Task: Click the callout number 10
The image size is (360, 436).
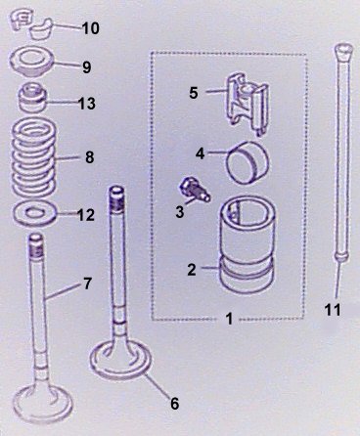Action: pos(90,28)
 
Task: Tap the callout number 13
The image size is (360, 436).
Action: pos(87,104)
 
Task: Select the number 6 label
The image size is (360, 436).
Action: pos(175,404)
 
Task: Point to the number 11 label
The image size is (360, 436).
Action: pos(333,310)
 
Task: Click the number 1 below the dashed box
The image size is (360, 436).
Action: pos(230,319)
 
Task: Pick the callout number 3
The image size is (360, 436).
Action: pos(180,212)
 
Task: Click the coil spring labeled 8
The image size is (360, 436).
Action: pos(34,156)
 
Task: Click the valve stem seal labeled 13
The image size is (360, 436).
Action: pos(32,98)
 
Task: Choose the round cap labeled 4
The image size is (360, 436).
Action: pos(247,161)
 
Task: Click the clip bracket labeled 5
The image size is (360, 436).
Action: pos(247,104)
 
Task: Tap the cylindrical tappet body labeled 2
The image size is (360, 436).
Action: pos(247,246)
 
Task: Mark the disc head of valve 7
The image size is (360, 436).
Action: pos(43,404)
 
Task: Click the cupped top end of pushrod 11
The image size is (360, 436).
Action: pos(343,52)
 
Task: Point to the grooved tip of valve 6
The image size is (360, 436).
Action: pos(116,198)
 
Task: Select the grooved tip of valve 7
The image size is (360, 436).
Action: pos(36,245)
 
